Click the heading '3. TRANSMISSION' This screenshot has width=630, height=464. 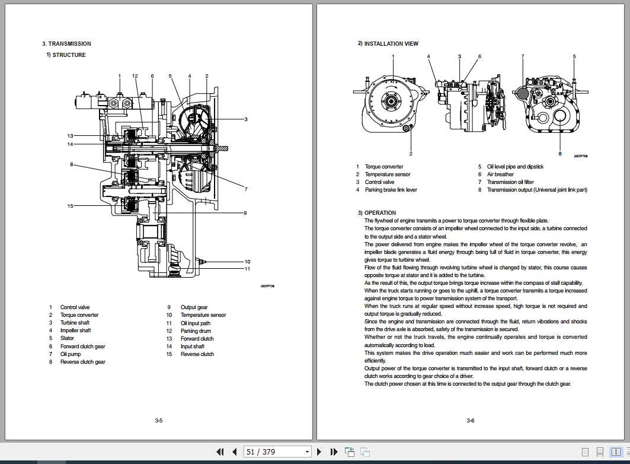pyautogui.click(x=66, y=44)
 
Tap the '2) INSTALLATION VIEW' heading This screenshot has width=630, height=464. pyautogui.click(x=388, y=44)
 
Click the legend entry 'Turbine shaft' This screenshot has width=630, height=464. pyautogui.click(x=75, y=323)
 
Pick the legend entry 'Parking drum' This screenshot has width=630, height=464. pyautogui.click(x=196, y=331)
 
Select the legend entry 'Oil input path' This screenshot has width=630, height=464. pyautogui.click(x=196, y=323)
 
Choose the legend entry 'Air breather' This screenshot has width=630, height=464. pyautogui.click(x=500, y=174)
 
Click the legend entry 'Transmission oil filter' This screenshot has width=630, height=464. pyautogui.click(x=510, y=182)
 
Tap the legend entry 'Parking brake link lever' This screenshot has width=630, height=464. pyautogui.click(x=391, y=190)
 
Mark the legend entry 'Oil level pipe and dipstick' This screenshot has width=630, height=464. pyautogui.click(x=515, y=167)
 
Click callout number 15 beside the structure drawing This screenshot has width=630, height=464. pyautogui.click(x=70, y=206)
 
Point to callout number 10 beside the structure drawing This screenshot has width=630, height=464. pyautogui.click(x=248, y=262)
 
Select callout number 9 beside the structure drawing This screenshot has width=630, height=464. pyautogui.click(x=244, y=213)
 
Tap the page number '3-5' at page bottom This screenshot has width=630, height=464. pyautogui.click(x=158, y=421)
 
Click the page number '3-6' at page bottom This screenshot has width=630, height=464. pyautogui.click(x=470, y=421)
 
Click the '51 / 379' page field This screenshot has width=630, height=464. pyautogui.click(x=277, y=452)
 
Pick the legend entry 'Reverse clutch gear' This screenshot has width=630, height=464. pyautogui.click(x=82, y=362)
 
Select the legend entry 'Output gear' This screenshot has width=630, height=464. pyautogui.click(x=194, y=307)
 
